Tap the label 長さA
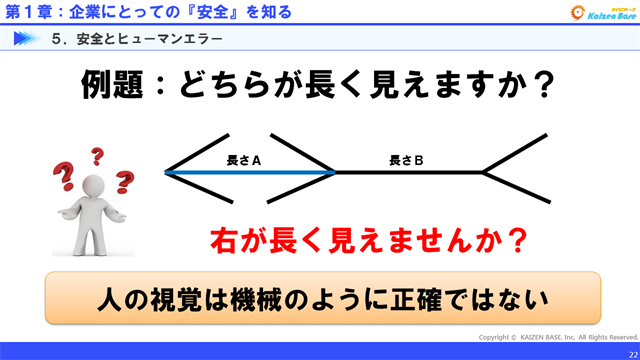click(244, 159)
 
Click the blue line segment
click(250, 172)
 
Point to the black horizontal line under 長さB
click(410, 172)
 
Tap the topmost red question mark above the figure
click(97, 156)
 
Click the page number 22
click(631, 352)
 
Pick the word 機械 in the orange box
click(311, 297)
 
